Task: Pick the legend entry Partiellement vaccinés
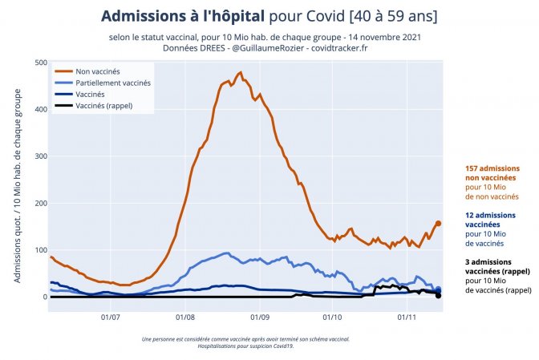point(112,83)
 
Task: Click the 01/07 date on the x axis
point(110,316)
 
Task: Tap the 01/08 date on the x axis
point(185,316)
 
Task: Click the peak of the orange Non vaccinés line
point(240,73)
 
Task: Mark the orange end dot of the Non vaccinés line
point(438,224)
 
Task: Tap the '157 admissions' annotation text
point(492,168)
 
